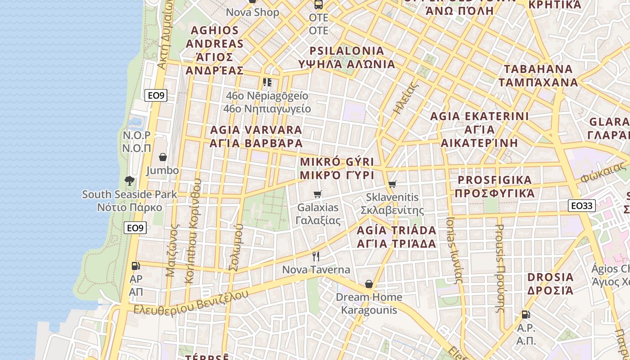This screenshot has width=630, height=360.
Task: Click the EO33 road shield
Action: pyautogui.click(x=582, y=206)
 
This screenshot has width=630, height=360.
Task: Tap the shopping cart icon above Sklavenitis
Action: pyautogui.click(x=392, y=184)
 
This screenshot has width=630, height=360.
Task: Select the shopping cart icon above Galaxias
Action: pyautogui.click(x=318, y=194)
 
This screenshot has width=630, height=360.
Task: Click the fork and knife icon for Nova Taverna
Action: pyautogui.click(x=316, y=256)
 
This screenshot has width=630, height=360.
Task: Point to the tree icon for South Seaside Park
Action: pyautogui.click(x=130, y=181)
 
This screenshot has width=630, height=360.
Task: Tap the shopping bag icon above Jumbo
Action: pyautogui.click(x=163, y=157)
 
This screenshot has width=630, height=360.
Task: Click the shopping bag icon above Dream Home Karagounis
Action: pyautogui.click(x=369, y=284)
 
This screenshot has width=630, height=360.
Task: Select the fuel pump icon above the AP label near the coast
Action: pyautogui.click(x=135, y=266)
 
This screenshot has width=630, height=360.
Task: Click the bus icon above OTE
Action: pyautogui.click(x=319, y=4)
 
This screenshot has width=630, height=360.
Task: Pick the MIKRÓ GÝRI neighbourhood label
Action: pyautogui.click(x=337, y=168)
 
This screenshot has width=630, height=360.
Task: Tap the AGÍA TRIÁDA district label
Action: pyautogui.click(x=396, y=237)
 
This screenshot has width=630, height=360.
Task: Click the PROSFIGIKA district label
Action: pyautogui.click(x=495, y=186)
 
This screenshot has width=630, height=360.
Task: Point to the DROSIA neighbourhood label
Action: pyautogui.click(x=550, y=283)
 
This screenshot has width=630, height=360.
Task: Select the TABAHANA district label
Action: pyautogui.click(x=538, y=76)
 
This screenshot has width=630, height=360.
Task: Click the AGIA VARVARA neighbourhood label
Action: pyautogui.click(x=256, y=136)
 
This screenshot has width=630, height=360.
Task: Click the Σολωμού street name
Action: pyautogui.click(x=236, y=247)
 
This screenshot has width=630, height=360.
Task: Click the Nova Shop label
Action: pyautogui.click(x=252, y=12)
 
